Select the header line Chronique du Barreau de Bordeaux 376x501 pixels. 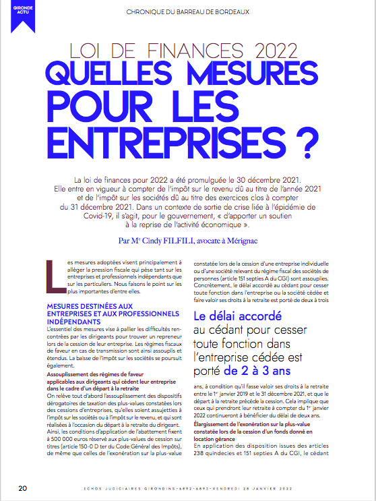point(187,11)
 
